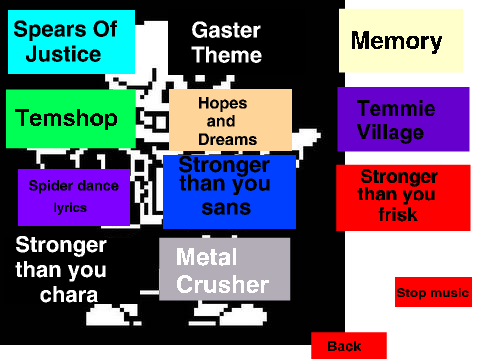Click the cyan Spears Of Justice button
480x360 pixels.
pos(71,42)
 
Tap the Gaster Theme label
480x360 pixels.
pos(227,42)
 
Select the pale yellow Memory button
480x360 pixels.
pos(401,40)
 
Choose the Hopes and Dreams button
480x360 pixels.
pos(230,120)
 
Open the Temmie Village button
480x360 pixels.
pos(403,119)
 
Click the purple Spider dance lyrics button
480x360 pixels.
pos(74,197)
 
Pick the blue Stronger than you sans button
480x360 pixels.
pos(229,192)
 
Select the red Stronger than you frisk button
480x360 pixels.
pos(403,197)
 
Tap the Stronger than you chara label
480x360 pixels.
pos(61,270)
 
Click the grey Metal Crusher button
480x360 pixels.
pos(224,269)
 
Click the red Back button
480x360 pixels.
pos(349,345)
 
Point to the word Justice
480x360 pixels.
pos(63,54)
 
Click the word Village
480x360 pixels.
pos(390,133)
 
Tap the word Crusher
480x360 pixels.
pos(223,284)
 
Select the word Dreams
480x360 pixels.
pos(228,140)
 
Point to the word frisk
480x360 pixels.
pos(398,214)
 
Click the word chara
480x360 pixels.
pos(69,295)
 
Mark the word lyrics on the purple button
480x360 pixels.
pos(70,208)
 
